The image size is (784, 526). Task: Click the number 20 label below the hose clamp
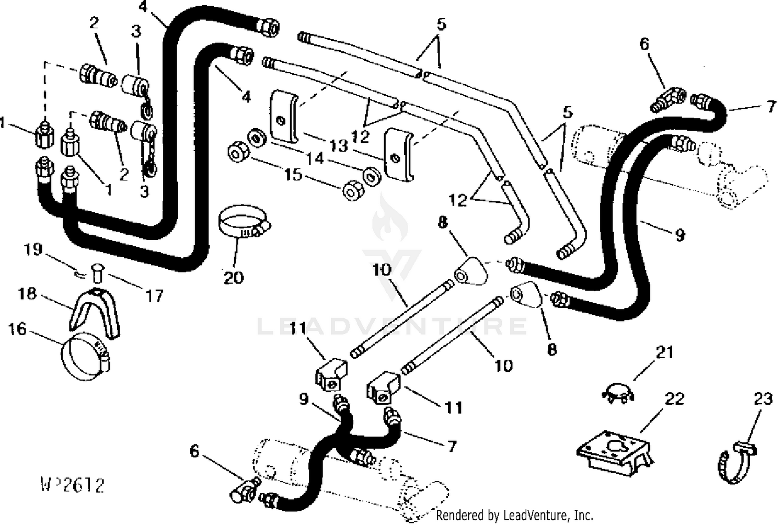233,277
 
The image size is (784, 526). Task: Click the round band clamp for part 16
86,360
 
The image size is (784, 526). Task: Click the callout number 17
154,296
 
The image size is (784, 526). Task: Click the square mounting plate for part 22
613,448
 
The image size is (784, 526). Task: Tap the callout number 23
763,399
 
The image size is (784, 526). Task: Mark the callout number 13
339,145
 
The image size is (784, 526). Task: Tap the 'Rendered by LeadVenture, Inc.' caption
514,515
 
